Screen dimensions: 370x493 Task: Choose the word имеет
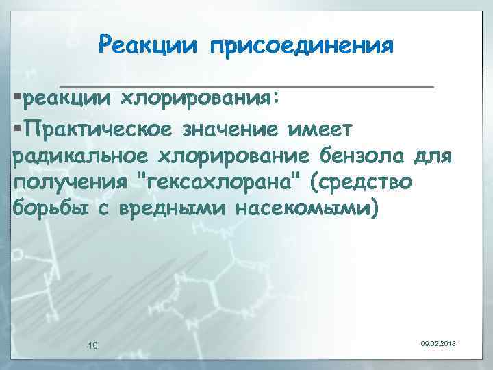325,128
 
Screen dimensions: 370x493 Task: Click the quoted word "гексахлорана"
220,184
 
